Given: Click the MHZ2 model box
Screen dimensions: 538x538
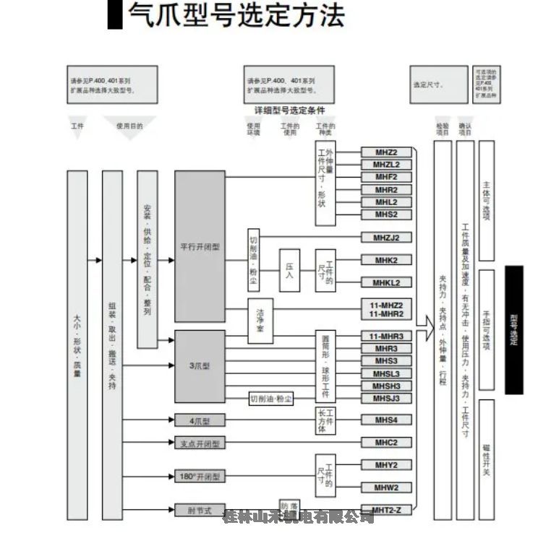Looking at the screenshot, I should click(x=386, y=152).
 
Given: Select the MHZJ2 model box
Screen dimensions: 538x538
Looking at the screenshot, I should click(x=386, y=238).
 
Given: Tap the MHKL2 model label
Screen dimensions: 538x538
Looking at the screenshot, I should click(x=386, y=282).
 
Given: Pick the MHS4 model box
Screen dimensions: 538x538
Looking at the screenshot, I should click(x=386, y=420).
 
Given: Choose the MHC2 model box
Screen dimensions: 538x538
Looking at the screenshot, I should click(x=386, y=442).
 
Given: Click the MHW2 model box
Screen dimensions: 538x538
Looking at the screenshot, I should click(x=386, y=487).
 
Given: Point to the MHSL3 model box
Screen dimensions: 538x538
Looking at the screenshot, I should click(x=386, y=373).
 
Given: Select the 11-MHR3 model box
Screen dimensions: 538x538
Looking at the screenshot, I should click(x=386, y=337).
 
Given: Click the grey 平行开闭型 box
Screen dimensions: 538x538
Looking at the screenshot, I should click(x=200, y=246).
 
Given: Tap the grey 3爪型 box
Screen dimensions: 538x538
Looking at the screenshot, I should click(x=200, y=366).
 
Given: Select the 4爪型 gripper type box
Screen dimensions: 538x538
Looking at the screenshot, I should click(x=200, y=420).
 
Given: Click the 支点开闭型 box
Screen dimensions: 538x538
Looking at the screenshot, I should click(x=200, y=443).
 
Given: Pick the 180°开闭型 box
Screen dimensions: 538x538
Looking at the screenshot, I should click(x=200, y=477).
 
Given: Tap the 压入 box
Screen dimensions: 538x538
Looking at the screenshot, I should click(x=289, y=270).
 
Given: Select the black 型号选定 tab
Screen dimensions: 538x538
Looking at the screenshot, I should click(x=513, y=330).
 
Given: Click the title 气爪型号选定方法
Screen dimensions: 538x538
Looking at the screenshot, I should click(x=235, y=16).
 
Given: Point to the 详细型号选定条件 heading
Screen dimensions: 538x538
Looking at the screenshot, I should click(x=289, y=110).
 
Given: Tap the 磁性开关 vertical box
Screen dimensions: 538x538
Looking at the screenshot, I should click(x=487, y=459).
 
